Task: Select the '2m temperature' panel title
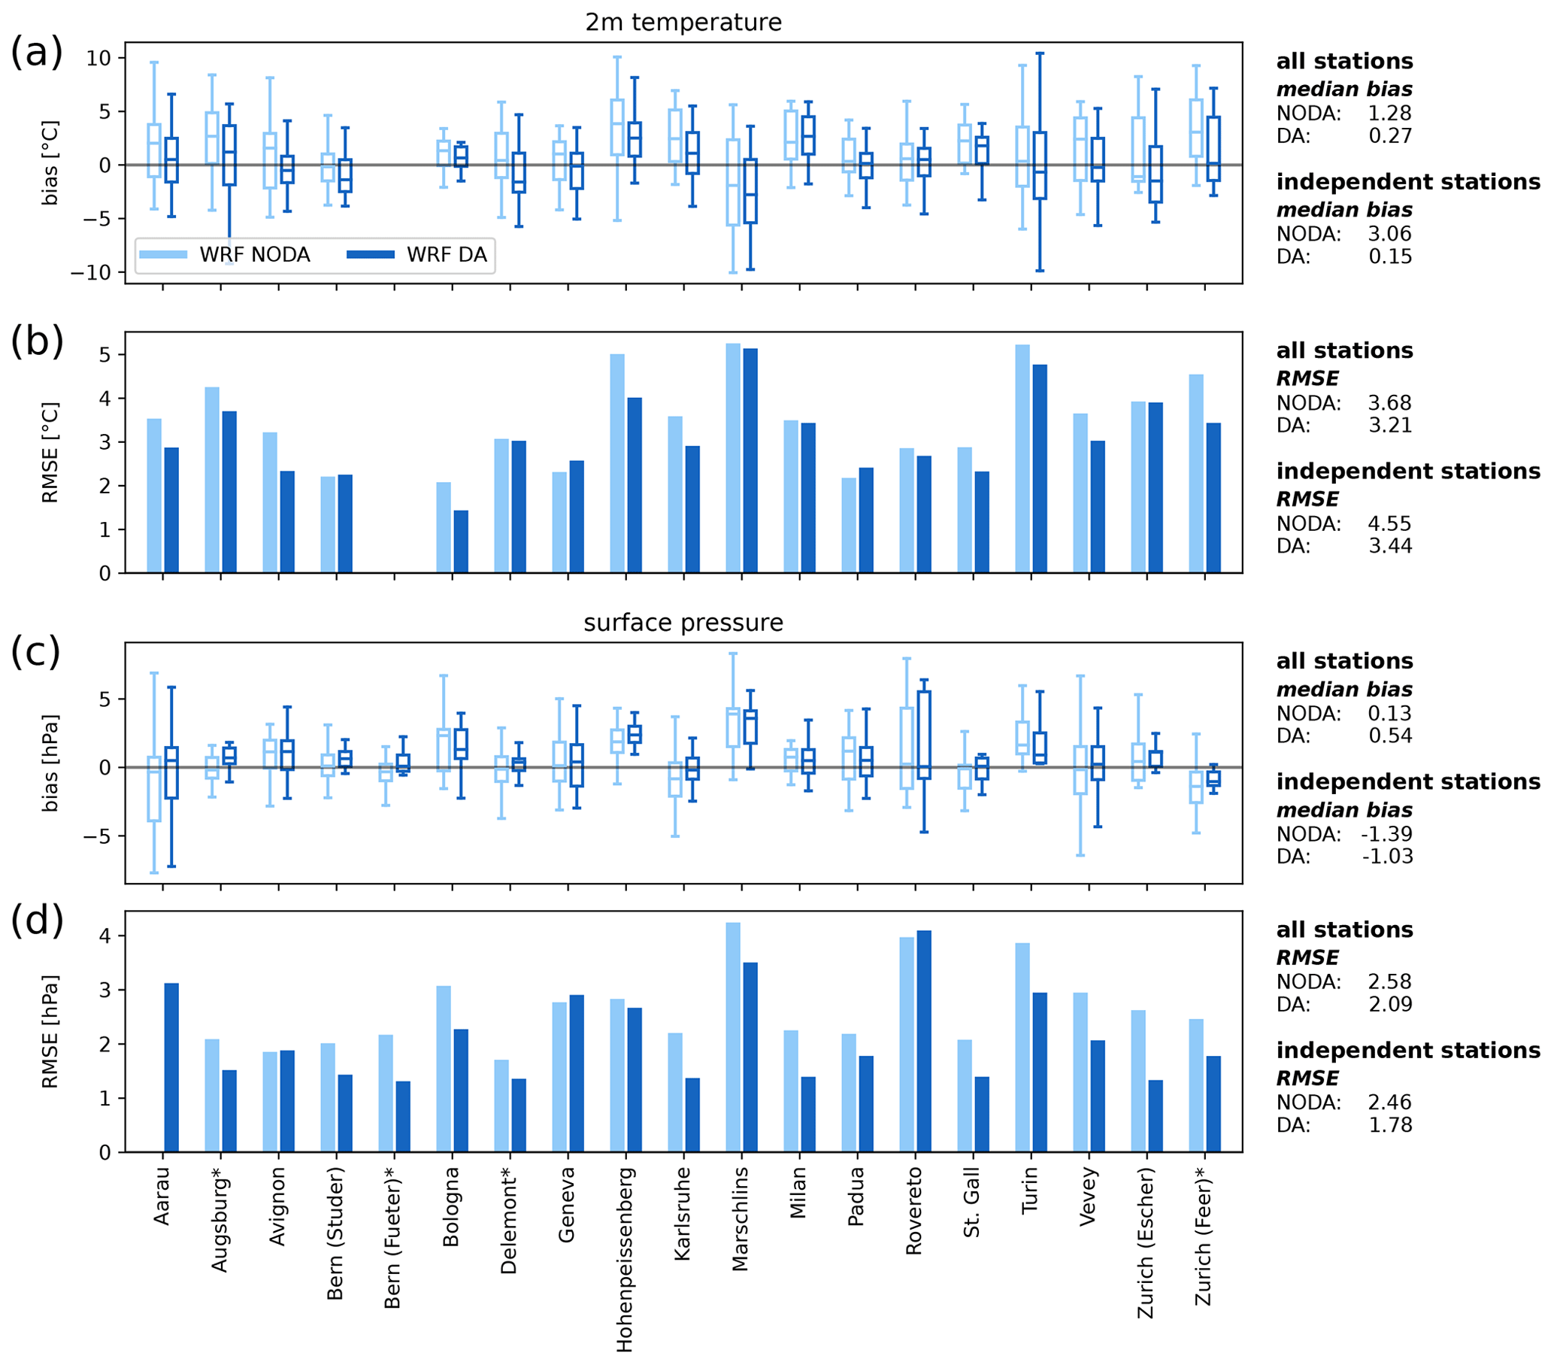point(683,22)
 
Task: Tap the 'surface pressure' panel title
point(683,623)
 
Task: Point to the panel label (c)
point(36,652)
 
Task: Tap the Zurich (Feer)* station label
point(1203,1236)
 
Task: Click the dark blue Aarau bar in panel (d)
point(172,1068)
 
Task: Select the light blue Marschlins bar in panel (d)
point(733,1037)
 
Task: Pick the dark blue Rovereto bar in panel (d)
point(924,1041)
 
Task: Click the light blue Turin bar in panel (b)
point(1022,459)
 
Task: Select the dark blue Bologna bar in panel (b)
point(461,541)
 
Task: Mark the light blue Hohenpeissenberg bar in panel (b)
point(617,463)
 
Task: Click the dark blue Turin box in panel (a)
point(1039,165)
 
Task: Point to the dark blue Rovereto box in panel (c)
point(924,735)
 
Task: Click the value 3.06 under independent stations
point(1389,234)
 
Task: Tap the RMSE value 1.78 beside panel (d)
point(1390,1124)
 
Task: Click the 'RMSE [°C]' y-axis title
point(50,453)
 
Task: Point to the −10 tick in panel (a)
point(90,272)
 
